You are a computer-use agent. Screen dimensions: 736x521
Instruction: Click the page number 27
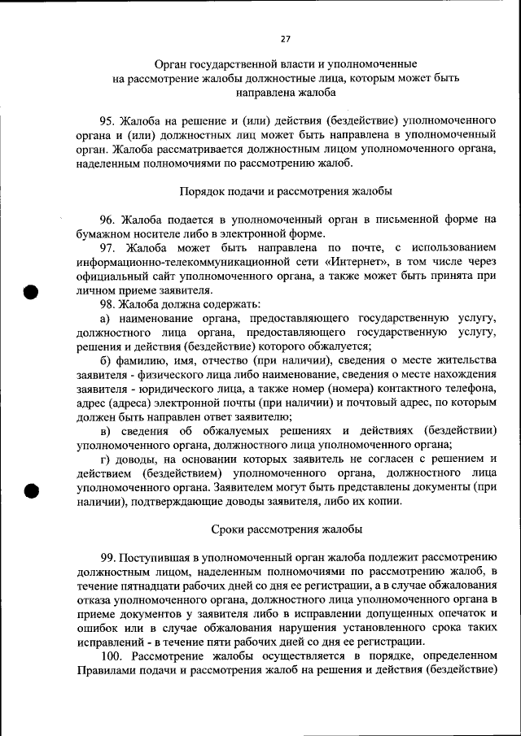[285, 38]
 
